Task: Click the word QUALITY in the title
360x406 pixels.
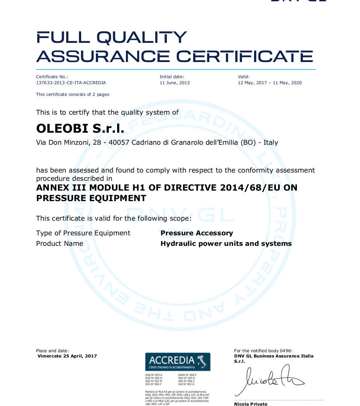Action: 142,38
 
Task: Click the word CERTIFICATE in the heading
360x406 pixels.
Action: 245,56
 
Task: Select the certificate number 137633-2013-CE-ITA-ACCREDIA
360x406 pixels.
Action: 71,83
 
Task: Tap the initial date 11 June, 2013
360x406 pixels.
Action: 175,83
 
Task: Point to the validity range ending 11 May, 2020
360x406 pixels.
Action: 269,83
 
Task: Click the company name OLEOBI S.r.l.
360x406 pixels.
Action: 80,129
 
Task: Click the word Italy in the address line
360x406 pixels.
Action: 271,142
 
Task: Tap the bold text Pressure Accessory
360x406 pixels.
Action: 197,233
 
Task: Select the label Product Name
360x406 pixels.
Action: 59,244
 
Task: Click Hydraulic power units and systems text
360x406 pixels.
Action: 226,244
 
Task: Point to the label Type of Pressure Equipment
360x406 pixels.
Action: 83,233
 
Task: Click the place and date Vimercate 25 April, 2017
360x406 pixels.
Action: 67,356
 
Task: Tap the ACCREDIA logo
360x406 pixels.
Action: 177,362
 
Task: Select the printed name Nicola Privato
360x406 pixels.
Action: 251,404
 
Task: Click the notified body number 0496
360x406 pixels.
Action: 286,351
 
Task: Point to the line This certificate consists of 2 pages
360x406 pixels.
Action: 73,94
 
